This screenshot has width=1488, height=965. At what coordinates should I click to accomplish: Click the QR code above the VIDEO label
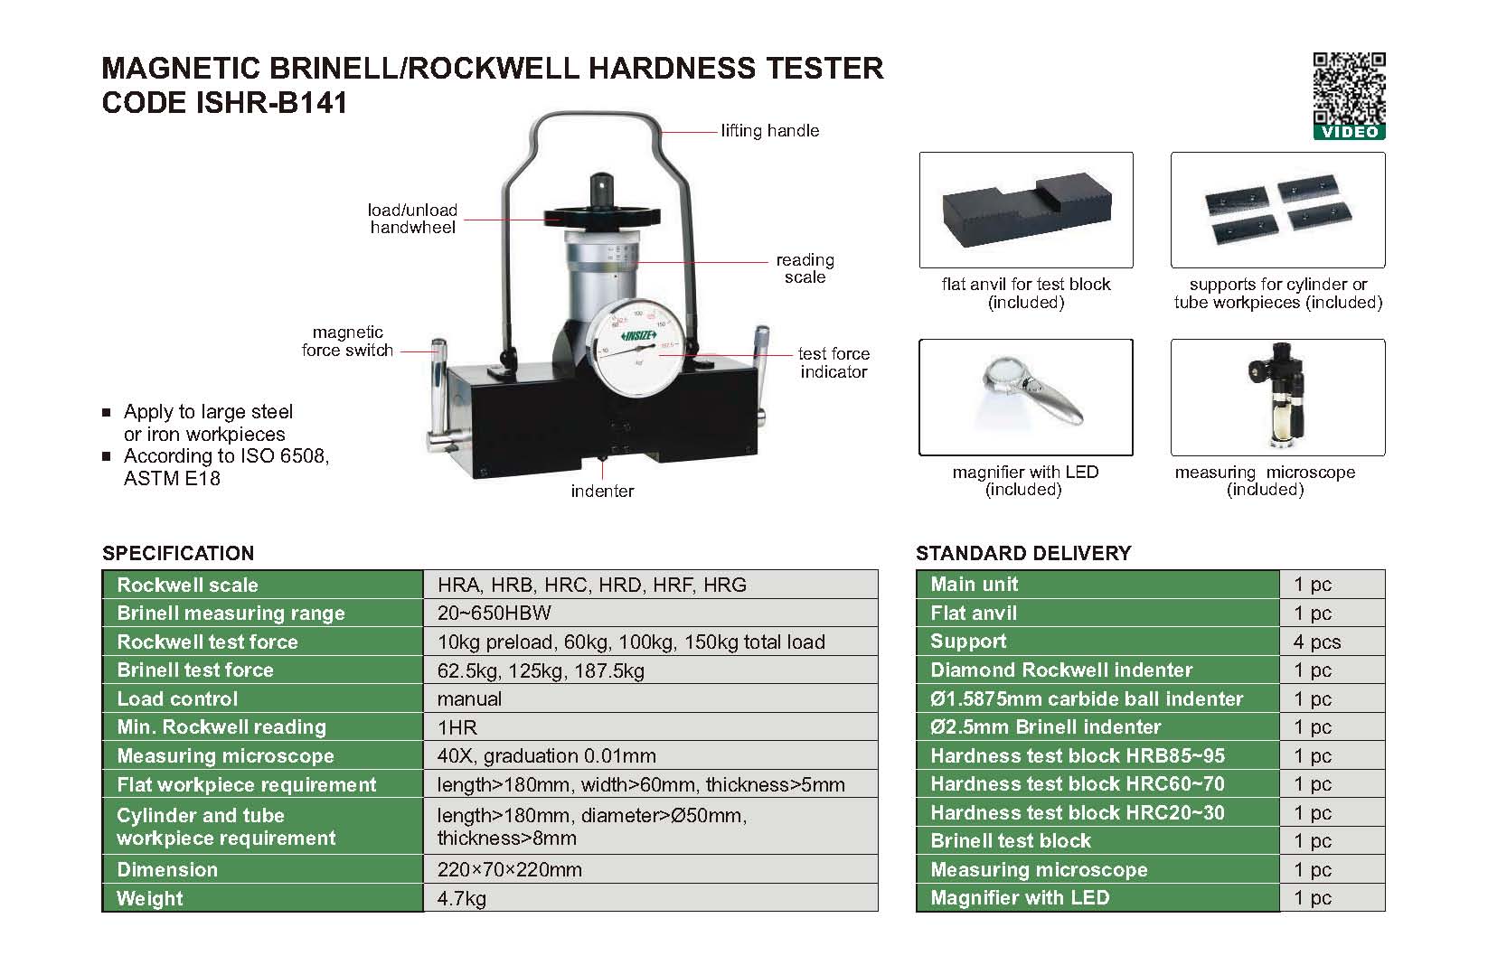tap(1349, 88)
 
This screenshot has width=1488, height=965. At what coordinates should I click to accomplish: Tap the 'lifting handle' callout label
tap(770, 131)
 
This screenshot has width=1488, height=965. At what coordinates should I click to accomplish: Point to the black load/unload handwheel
tap(602, 215)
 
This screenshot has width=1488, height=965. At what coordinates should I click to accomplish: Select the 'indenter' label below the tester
tap(602, 491)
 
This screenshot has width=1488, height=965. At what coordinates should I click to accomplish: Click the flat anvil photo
tap(1026, 210)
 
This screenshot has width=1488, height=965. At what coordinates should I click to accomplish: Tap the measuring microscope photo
tap(1278, 398)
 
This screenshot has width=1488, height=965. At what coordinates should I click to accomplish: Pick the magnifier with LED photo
tap(1026, 398)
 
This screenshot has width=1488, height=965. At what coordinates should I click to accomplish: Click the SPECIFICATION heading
tap(178, 553)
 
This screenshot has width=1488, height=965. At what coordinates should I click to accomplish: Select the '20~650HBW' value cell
tap(494, 613)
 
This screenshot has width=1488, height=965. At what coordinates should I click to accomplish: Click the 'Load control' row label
tap(177, 698)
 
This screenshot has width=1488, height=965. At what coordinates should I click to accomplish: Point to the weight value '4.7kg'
tap(462, 898)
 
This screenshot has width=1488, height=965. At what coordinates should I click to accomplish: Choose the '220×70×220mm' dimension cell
tap(510, 869)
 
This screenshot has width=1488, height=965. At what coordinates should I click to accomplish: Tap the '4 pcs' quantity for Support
tap(1317, 642)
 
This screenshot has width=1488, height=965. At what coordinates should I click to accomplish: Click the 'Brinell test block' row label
tap(1011, 841)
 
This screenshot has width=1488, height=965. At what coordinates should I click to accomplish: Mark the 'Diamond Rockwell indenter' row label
tap(1061, 670)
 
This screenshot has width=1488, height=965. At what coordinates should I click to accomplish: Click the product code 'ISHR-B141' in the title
tap(271, 103)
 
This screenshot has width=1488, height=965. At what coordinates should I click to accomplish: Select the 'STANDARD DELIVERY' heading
tap(1023, 553)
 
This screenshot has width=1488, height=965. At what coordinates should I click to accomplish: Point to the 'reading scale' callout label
tap(805, 268)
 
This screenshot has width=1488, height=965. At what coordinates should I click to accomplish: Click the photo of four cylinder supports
tap(1278, 210)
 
